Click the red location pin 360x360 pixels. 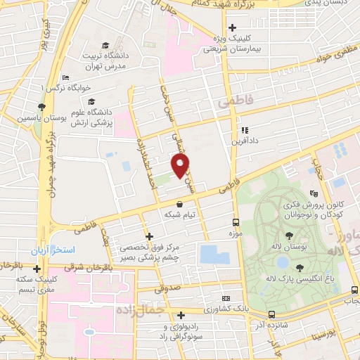coord(181,165)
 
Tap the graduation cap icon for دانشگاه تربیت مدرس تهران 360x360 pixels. coord(105,44)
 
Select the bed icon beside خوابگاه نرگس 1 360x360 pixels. coord(65,77)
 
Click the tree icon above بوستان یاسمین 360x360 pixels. coord(42,107)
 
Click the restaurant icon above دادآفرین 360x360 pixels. coord(243,130)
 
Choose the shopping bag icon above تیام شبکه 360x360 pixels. coord(180,204)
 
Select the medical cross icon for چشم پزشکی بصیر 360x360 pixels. coord(148,237)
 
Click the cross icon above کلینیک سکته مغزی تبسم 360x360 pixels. coord(36,269)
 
